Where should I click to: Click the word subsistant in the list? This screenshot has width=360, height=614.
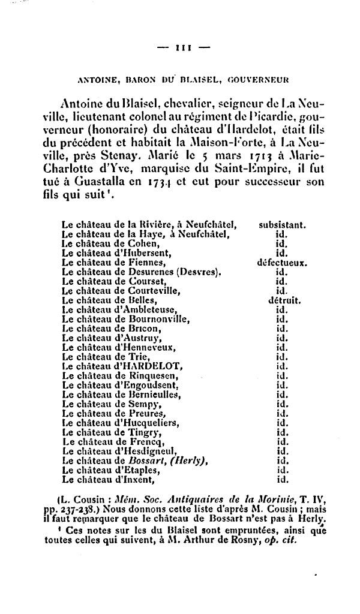pos(283,226)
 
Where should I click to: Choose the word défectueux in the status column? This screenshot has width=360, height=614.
pos(282,262)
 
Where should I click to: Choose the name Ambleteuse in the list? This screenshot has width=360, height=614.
pos(148,309)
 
